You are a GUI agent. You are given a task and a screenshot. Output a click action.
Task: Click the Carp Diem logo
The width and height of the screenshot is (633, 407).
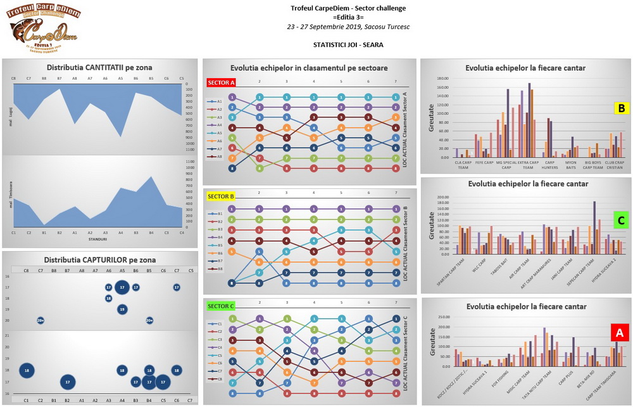point(43,30)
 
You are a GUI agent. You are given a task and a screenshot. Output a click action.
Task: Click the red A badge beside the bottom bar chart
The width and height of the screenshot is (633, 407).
point(618,331)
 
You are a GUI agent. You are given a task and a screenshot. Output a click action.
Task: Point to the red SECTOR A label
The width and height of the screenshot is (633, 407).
point(221,82)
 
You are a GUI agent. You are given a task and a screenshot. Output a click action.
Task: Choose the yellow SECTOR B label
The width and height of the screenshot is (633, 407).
point(221,195)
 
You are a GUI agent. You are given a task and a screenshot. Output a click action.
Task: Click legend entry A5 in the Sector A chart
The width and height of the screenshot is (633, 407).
point(216,133)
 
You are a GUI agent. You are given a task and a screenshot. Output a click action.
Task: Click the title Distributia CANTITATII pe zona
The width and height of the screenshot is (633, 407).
point(99,68)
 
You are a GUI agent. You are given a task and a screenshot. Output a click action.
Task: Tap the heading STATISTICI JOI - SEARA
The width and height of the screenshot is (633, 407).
point(348,45)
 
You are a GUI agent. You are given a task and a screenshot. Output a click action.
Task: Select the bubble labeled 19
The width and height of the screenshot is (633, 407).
point(122,309)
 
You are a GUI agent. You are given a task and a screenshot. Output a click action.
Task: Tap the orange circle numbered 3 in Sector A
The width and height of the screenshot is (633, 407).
point(396,117)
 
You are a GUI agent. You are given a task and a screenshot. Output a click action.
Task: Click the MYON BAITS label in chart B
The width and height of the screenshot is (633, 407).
point(570,164)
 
